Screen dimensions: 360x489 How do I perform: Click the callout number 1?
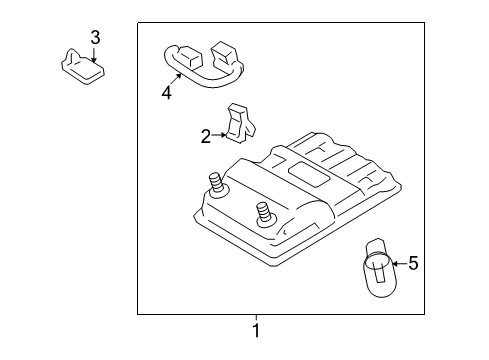[x=255, y=329]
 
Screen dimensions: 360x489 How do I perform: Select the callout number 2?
[x=206, y=137]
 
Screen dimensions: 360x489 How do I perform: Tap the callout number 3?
[x=95, y=38]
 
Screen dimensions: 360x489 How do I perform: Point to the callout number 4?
[x=167, y=94]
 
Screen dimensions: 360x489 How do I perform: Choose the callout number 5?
[x=412, y=264]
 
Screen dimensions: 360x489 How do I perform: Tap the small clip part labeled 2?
[x=240, y=122]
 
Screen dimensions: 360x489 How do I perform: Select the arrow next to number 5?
[x=397, y=264]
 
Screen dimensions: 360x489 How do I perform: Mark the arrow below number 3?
[x=95, y=55]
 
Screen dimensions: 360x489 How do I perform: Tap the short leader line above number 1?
[x=255, y=317]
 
